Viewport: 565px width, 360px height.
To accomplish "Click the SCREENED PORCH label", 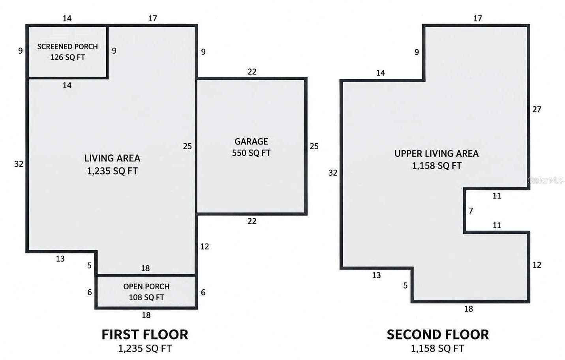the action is click(68, 47).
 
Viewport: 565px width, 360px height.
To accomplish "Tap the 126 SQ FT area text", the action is click(68, 58).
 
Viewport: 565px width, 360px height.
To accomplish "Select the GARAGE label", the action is click(251, 142).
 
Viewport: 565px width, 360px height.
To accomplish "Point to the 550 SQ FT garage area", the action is click(251, 153).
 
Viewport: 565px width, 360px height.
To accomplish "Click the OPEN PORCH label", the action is click(146, 287).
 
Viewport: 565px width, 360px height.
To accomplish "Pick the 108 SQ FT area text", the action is click(146, 298).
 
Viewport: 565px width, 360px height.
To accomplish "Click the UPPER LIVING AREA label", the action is click(437, 154).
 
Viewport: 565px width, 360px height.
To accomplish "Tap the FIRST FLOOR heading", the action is click(145, 335).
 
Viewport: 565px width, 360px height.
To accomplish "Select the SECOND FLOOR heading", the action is click(437, 335).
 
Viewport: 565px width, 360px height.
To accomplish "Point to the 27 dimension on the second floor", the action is click(537, 109).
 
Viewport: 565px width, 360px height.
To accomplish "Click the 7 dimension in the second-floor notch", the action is click(471, 210).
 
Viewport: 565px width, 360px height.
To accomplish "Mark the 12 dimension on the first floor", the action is click(205, 246).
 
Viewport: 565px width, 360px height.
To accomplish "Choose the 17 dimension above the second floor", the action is click(478, 19).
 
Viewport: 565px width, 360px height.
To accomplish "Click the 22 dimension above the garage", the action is click(252, 72).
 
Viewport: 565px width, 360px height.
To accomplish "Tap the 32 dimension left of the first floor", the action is click(19, 164).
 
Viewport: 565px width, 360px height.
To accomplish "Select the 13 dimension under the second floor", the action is click(376, 275).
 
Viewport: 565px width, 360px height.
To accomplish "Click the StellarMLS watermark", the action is click(546, 180).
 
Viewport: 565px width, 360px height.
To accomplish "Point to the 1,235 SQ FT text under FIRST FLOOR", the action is click(145, 349).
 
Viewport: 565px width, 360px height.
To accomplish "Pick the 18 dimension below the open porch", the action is click(146, 315).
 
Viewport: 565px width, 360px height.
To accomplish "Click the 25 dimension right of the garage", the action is click(314, 146).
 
